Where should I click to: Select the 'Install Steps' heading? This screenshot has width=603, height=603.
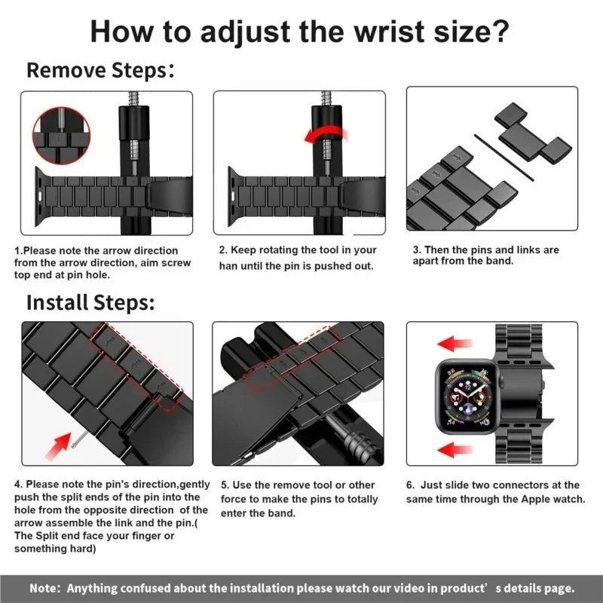tap(90, 302)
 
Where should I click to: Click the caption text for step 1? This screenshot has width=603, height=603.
tap(103, 262)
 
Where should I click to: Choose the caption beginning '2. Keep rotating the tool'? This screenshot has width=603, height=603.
tap(297, 258)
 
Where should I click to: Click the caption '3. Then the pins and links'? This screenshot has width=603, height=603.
tap(485, 255)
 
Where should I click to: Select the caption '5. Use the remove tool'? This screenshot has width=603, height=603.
tap(297, 499)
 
